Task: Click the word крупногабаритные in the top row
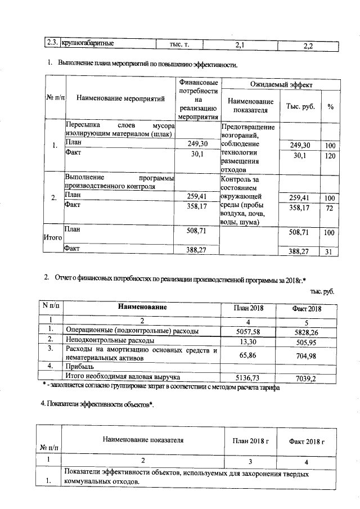pos(88,43)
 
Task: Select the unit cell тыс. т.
pos(179,43)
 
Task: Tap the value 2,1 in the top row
pos(240,44)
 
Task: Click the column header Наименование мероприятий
pos(120,99)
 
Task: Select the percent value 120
pos(330,156)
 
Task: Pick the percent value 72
pos(330,208)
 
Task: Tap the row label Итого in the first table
pos(52,237)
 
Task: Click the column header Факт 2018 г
pos(307,441)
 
